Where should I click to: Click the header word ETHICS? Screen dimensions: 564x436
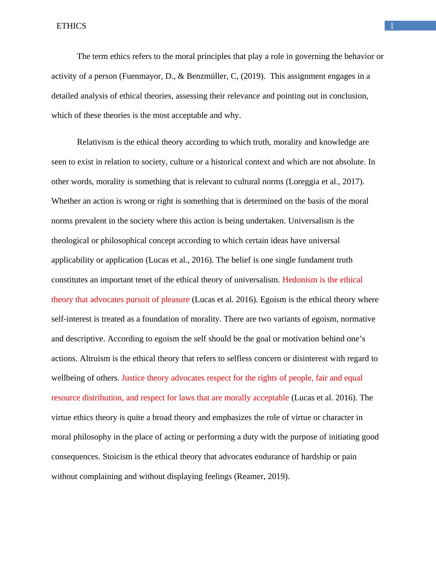tap(71, 26)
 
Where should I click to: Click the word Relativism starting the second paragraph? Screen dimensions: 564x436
tap(95, 142)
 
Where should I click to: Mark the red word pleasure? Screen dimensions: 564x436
tap(173, 300)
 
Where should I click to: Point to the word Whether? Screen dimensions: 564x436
tap(66, 201)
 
